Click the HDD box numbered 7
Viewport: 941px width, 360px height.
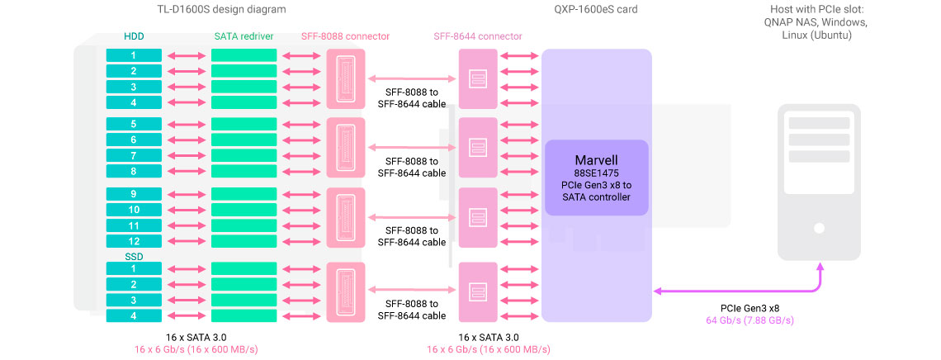[x=133, y=155]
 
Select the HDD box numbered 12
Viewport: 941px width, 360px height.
[x=133, y=241]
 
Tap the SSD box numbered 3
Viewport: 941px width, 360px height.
[x=133, y=300]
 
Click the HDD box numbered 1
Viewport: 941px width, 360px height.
[x=133, y=55]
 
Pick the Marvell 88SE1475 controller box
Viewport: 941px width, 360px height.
[x=597, y=178]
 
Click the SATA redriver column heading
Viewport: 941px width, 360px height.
[x=243, y=36]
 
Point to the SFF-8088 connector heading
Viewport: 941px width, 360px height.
[x=346, y=36]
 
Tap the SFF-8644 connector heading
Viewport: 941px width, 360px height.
[x=477, y=36]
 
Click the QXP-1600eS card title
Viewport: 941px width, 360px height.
[x=596, y=10]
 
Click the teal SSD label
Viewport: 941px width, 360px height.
[x=133, y=257]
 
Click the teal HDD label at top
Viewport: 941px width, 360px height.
[x=133, y=36]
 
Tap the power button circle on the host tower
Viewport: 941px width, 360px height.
[x=819, y=228]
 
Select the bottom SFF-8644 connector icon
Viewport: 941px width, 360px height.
[x=477, y=291]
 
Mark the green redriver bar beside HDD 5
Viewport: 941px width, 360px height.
[x=243, y=124]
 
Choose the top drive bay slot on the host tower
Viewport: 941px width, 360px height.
[x=819, y=123]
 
